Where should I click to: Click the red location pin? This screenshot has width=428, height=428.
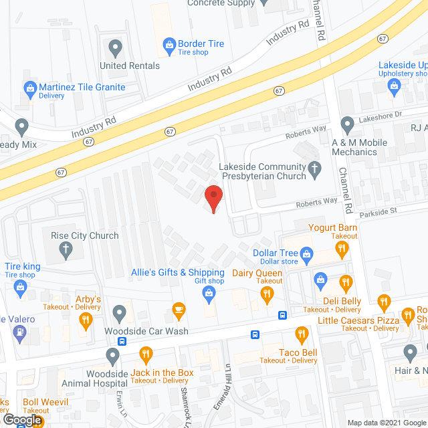point(213,197)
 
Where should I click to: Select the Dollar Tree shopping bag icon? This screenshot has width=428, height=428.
point(307,253)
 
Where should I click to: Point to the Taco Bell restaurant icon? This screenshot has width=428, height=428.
point(302,335)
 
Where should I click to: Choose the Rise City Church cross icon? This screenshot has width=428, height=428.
point(66,251)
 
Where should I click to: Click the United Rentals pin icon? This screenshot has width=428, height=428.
point(115,48)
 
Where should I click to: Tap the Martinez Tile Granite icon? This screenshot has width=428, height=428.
point(29,88)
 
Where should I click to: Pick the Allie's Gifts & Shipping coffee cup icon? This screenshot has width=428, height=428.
point(179,308)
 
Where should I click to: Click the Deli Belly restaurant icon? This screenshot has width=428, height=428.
point(346,283)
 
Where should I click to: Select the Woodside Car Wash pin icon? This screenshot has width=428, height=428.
point(119,312)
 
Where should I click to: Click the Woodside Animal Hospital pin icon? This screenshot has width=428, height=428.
point(112,354)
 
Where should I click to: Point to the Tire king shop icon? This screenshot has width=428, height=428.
point(21,289)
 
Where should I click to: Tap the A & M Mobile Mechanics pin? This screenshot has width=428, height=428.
point(347,125)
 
